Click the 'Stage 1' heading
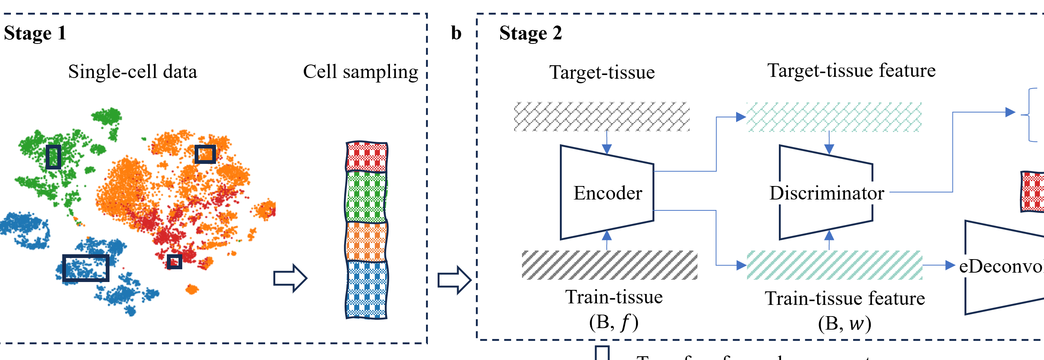[x=35, y=33]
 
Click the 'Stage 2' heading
[x=531, y=33]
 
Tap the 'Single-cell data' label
[x=132, y=72]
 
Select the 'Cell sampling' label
[x=360, y=72]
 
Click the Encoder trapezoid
[x=607, y=193]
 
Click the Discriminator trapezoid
[x=826, y=193]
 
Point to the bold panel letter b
[x=456, y=33]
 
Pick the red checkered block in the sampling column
[x=367, y=156]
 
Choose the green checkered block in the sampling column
[x=366, y=196]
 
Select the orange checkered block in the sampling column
[x=366, y=241]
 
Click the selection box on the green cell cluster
[x=54, y=157]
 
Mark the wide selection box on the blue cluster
[x=86, y=268]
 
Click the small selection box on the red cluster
[x=175, y=261]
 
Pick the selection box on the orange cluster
[x=205, y=154]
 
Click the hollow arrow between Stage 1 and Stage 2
[x=454, y=280]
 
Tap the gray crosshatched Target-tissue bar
[x=602, y=117]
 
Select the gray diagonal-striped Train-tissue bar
[x=609, y=265]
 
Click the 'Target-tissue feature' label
[x=852, y=70]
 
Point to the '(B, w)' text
[x=844, y=324]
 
